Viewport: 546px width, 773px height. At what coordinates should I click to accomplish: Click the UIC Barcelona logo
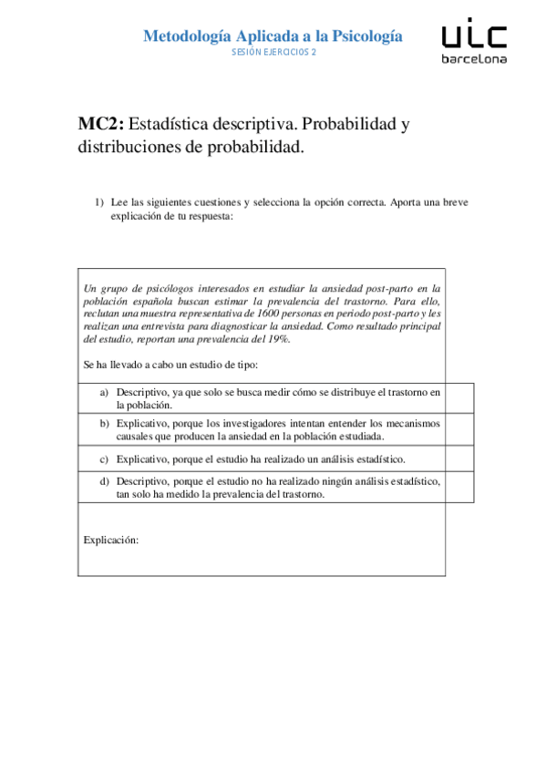click(x=474, y=43)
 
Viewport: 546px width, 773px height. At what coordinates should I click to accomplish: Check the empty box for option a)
click(x=459, y=397)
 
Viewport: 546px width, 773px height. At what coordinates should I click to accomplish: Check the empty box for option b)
click(x=459, y=428)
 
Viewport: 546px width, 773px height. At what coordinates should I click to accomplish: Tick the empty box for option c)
click(x=459, y=458)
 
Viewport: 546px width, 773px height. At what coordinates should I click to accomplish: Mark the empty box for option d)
click(x=459, y=487)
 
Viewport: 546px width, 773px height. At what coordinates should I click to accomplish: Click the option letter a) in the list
click(x=105, y=392)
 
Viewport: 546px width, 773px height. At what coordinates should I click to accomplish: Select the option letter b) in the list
click(x=105, y=423)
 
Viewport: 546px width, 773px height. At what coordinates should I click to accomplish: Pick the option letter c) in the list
click(x=105, y=459)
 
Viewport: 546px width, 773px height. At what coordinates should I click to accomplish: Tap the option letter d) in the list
click(x=105, y=481)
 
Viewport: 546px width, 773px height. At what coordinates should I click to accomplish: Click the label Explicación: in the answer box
click(x=110, y=540)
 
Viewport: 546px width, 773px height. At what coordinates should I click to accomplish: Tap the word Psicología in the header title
click(x=357, y=36)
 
